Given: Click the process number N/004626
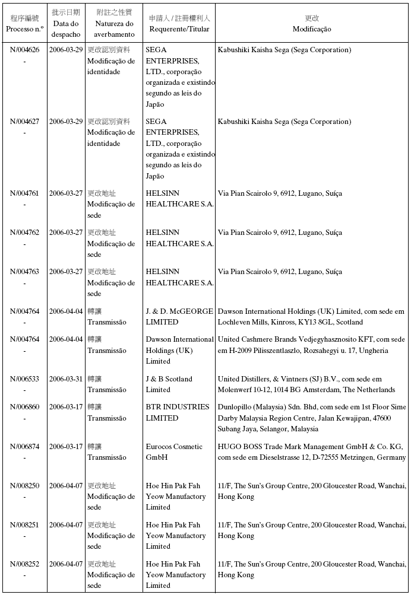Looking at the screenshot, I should (24, 50).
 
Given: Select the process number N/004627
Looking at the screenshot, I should (24, 122).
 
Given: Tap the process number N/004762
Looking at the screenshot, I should (24, 233).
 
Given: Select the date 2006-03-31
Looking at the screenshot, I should (66, 379).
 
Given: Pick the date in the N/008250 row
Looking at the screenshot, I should (66, 486).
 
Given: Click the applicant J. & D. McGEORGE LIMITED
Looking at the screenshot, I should (179, 316).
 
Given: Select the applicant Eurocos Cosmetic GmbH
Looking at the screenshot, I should (174, 452).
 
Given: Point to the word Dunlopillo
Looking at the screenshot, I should (236, 407).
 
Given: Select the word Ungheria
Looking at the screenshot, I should (372, 351).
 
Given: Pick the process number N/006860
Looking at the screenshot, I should (24, 407).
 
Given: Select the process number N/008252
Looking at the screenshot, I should (24, 564).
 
